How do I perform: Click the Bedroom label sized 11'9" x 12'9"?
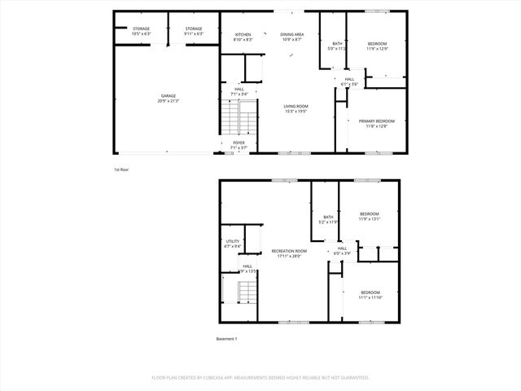click(x=377, y=46)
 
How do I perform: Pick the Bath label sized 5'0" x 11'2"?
click(x=337, y=46)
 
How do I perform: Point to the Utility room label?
click(x=232, y=244)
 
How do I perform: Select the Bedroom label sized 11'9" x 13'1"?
click(x=370, y=216)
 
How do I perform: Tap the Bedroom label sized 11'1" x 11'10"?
click(x=370, y=295)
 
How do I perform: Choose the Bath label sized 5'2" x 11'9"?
click(x=328, y=219)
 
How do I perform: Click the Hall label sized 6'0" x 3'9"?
click(x=342, y=251)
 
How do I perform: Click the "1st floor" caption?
click(x=121, y=169)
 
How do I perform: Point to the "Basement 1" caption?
click(x=226, y=338)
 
